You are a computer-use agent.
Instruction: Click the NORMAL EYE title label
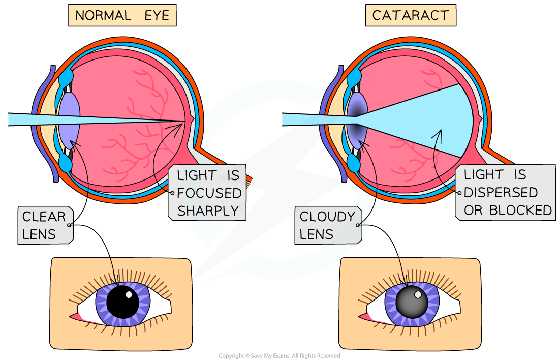tap(122, 15)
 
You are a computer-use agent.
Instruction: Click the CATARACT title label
tap(410, 15)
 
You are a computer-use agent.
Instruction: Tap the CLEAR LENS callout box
tap(45, 225)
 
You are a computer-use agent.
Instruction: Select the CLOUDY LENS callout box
tap(327, 225)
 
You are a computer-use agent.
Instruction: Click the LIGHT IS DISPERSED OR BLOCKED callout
tap(508, 192)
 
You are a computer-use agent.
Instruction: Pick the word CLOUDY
tap(327, 217)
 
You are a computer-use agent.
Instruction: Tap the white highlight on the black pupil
tap(129, 294)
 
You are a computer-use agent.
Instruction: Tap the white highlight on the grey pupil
tap(418, 294)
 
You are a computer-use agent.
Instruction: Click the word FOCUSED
tap(208, 193)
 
